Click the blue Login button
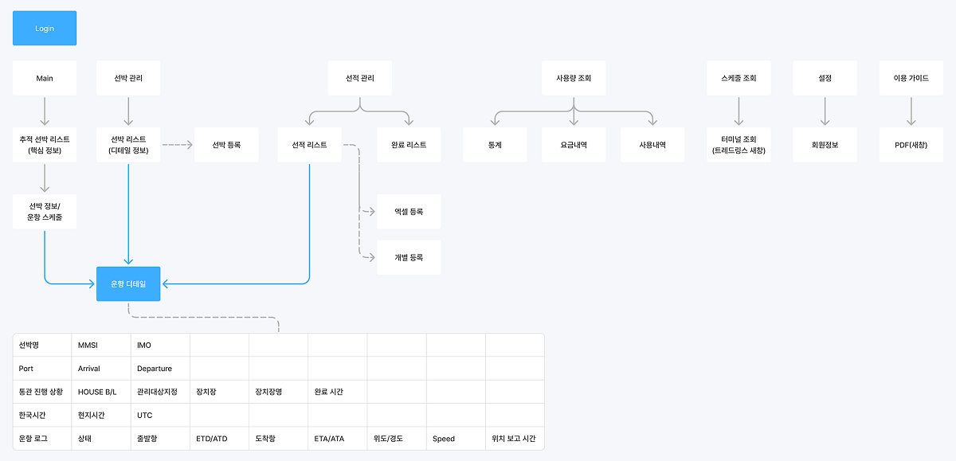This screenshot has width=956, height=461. tap(45, 28)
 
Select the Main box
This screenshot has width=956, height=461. tap(45, 78)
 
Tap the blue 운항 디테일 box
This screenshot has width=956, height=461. tap(128, 283)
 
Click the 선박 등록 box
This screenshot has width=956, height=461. tap(226, 145)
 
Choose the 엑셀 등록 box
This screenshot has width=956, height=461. tap(409, 212)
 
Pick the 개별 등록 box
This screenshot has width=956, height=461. tap(409, 257)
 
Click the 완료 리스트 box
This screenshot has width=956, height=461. tap(409, 145)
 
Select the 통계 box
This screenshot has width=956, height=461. tap(495, 145)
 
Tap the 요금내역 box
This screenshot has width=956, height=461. tap(574, 145)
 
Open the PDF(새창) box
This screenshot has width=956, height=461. tap(911, 145)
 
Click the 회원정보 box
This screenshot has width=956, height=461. tap(825, 145)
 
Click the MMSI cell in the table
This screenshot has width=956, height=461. tap(101, 346)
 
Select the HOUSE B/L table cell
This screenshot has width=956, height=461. tap(101, 392)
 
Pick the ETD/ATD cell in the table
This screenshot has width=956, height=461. tap(219, 438)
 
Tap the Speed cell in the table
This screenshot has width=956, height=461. tap(456, 438)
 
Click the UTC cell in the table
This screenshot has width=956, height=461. tap(160, 415)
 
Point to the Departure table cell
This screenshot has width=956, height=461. tap(160, 369)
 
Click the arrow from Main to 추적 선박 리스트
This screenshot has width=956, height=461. tap(45, 111)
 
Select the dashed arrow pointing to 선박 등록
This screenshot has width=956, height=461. tap(178, 145)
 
